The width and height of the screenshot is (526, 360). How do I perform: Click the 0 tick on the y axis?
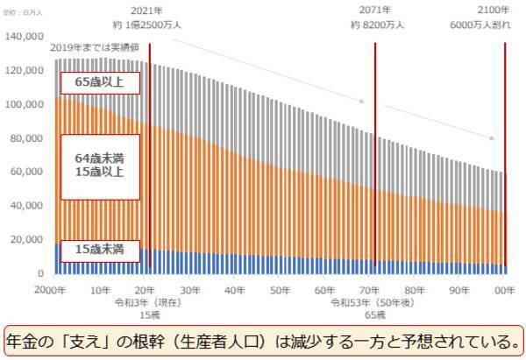click(x=40, y=273)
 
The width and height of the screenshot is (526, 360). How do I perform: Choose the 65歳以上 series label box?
click(x=98, y=82)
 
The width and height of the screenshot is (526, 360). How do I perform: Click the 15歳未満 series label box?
click(x=98, y=250)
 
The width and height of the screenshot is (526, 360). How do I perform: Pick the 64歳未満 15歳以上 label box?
click(x=98, y=164)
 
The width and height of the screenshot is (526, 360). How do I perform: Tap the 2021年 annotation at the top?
click(x=147, y=10)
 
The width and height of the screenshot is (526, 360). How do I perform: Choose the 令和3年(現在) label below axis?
click(x=146, y=302)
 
